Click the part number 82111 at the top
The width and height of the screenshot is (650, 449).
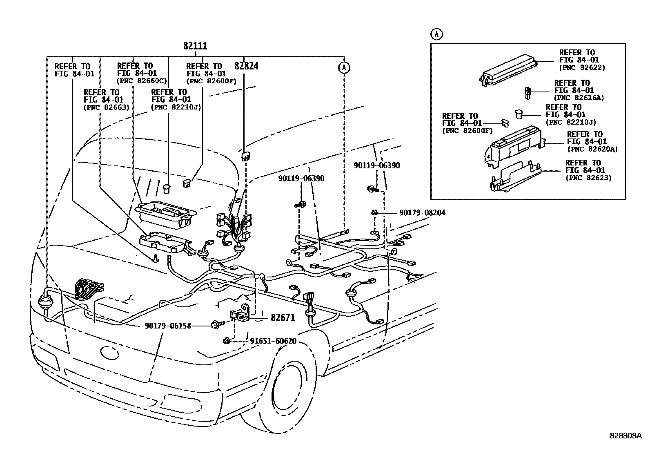(x=195, y=46)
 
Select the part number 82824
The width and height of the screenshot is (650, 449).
(x=246, y=66)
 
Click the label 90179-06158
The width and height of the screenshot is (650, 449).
(x=168, y=326)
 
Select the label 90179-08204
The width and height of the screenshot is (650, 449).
(x=422, y=212)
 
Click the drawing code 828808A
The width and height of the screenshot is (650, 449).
(x=626, y=436)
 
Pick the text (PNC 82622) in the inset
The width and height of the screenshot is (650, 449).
(x=582, y=67)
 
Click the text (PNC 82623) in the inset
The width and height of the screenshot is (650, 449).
(x=588, y=178)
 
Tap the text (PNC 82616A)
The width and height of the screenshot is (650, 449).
(x=579, y=98)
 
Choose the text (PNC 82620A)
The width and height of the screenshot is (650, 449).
(x=592, y=149)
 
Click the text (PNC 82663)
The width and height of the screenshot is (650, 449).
(x=106, y=107)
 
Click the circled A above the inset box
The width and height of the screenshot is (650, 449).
(x=436, y=34)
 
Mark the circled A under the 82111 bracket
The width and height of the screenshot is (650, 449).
(x=344, y=67)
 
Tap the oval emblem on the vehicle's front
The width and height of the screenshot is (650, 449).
(x=107, y=352)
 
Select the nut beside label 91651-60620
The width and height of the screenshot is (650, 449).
(x=227, y=340)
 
